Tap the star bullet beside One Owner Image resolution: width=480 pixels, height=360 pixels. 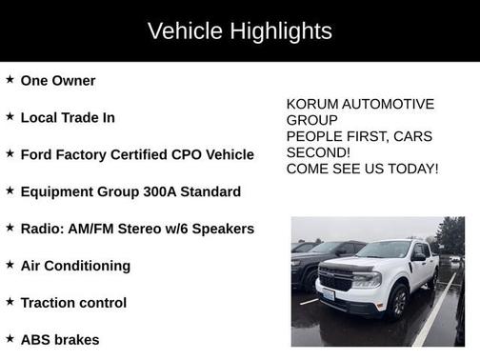10,80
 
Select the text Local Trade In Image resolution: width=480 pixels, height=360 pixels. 68,117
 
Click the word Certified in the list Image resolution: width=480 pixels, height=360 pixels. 154,154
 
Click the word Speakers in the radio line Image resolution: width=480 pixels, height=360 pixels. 223,229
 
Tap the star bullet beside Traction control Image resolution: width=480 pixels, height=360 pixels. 10,302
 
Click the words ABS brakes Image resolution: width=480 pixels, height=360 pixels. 60,339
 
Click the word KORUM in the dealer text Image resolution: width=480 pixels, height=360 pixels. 310,104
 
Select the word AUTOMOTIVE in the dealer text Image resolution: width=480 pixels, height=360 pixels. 387,104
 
